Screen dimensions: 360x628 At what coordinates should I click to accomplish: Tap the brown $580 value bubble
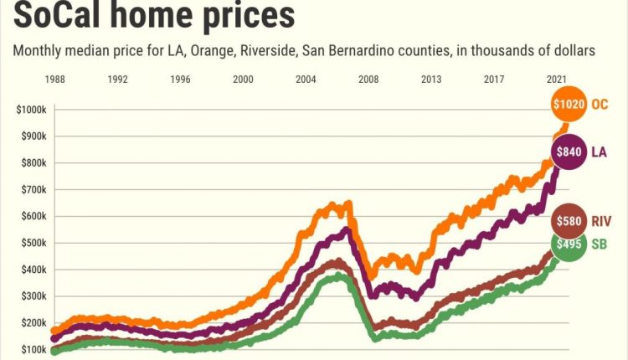point(569,222)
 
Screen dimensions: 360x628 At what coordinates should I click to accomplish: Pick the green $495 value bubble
point(568,244)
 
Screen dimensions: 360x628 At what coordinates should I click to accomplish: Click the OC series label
point(600,104)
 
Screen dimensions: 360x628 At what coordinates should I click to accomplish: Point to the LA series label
point(600,152)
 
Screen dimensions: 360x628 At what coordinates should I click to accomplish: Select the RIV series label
point(601,222)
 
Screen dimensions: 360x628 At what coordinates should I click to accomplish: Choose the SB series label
point(600,244)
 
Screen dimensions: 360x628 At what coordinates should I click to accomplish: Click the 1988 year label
point(55,80)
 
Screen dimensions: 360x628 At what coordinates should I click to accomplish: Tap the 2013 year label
point(432,80)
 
